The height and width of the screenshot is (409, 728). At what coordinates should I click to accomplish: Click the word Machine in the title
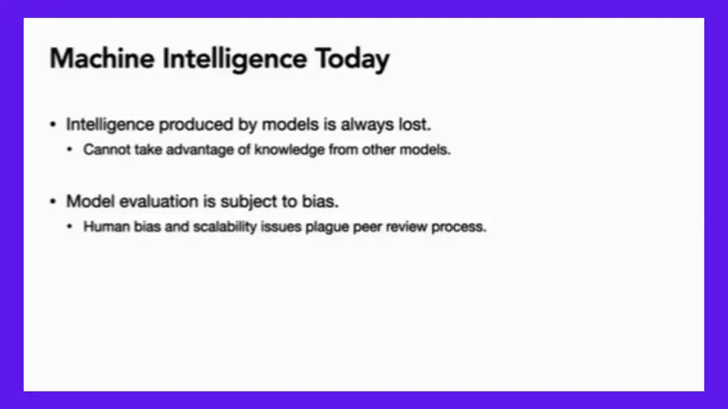(102, 59)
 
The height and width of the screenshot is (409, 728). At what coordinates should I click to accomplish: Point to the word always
(367, 125)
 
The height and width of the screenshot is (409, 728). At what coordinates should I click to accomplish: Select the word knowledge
(289, 150)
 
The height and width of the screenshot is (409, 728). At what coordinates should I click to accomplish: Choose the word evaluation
(159, 202)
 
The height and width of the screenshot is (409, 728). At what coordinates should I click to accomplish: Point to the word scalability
(225, 227)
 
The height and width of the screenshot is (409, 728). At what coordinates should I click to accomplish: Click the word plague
(327, 227)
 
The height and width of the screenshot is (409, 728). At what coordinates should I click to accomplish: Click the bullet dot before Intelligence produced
(53, 124)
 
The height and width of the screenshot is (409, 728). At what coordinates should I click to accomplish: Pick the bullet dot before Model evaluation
(53, 202)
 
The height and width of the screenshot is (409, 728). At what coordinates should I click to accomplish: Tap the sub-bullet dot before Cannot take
(69, 150)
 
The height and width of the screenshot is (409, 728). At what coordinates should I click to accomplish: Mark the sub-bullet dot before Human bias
(69, 227)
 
